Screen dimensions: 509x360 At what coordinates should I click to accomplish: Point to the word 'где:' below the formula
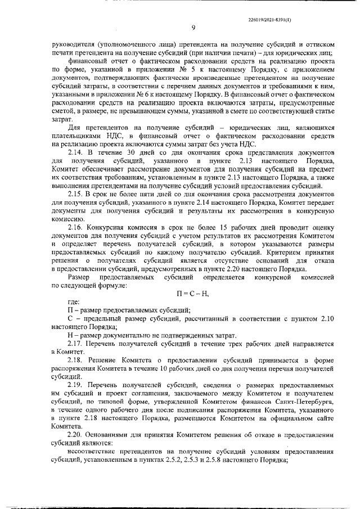tap(73, 303)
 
